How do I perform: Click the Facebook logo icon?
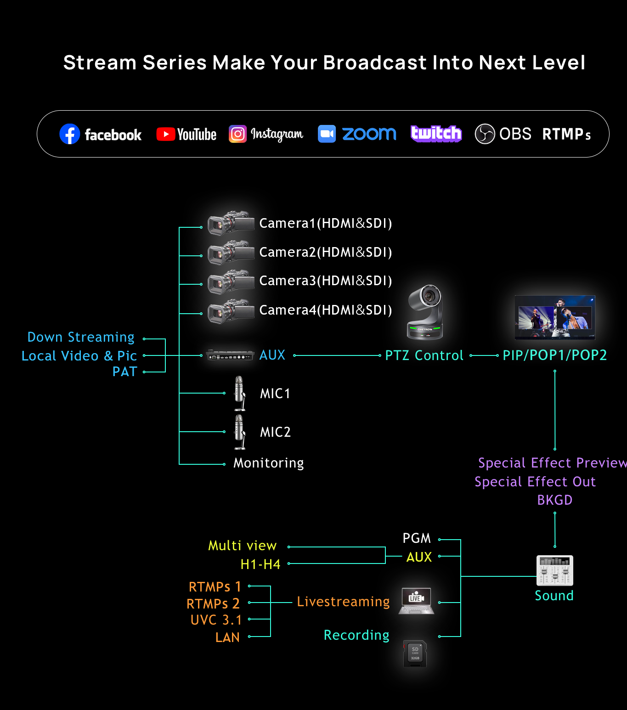click(70, 134)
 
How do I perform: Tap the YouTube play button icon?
click(165, 134)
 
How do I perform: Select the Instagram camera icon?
click(237, 134)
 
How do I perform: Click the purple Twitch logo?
click(436, 134)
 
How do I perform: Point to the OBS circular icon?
click(485, 134)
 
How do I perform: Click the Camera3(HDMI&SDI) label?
click(325, 281)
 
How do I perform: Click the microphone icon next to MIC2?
click(239, 432)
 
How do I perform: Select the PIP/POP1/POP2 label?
click(554, 355)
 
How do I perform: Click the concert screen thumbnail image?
click(555, 317)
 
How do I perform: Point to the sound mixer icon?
click(554, 570)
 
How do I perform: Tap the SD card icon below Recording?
click(415, 654)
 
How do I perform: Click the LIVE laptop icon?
click(416, 601)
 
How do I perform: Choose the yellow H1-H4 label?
click(260, 564)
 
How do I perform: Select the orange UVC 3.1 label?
click(216, 620)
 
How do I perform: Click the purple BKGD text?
click(554, 500)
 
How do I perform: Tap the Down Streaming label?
click(81, 337)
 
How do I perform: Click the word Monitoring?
click(268, 463)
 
